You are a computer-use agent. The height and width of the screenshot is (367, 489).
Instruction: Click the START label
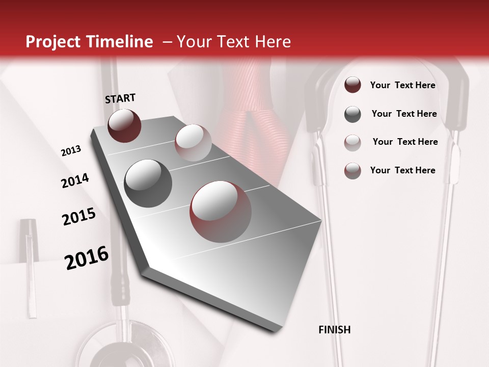[120, 98]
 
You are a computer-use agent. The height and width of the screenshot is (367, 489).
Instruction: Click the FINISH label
[335, 330]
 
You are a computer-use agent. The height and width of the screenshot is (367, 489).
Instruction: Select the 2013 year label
[71, 151]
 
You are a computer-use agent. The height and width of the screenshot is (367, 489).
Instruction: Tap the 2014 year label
[75, 181]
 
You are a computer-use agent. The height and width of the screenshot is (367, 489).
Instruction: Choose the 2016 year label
[87, 258]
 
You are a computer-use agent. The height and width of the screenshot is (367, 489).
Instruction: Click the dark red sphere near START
[124, 125]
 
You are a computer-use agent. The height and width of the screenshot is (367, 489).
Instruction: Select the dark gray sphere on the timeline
[148, 183]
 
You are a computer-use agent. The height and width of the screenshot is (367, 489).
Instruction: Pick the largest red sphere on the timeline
[221, 212]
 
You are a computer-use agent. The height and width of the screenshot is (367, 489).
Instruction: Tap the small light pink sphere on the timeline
[193, 142]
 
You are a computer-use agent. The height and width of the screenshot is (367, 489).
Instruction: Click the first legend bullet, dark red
[352, 85]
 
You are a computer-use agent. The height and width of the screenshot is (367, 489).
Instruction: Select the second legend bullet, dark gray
[352, 114]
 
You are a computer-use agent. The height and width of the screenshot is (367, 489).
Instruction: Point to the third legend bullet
[352, 142]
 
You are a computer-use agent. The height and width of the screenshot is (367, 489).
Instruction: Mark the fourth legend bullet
[352, 170]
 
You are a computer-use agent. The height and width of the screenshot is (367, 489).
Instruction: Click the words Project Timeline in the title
[89, 42]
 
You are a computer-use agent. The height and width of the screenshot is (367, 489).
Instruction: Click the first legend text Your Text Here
[402, 85]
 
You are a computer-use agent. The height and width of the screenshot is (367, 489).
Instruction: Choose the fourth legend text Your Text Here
[402, 170]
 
